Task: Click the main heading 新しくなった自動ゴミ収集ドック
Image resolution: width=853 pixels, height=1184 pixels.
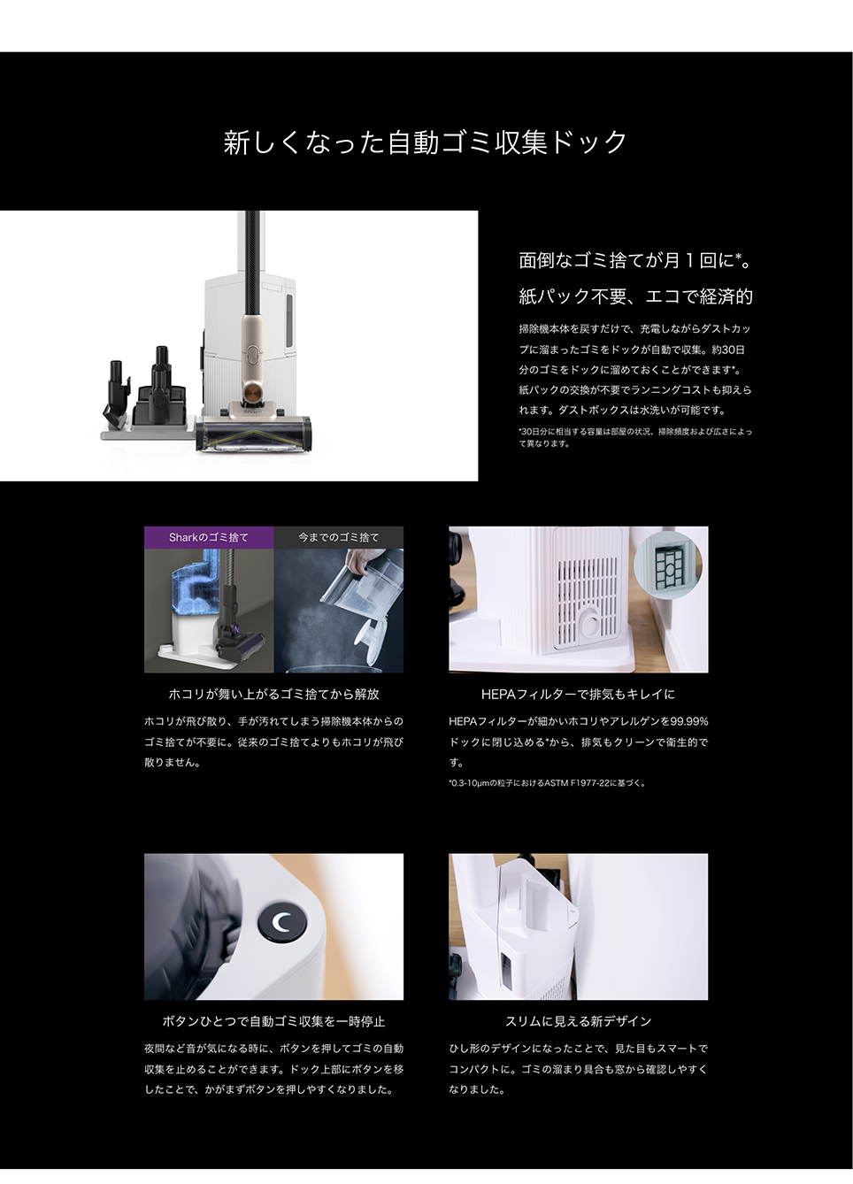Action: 426,142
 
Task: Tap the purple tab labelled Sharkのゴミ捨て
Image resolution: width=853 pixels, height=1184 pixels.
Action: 209,537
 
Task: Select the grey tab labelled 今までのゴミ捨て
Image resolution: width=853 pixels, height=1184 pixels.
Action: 339,537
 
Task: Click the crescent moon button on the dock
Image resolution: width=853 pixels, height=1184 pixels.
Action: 281,923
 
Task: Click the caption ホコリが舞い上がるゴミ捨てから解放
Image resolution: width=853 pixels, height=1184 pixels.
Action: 273,695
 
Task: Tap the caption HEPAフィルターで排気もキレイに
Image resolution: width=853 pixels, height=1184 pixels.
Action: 578,695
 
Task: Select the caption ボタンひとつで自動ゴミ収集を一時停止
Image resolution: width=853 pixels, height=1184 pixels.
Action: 273,1021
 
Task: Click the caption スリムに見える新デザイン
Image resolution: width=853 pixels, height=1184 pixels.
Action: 578,1021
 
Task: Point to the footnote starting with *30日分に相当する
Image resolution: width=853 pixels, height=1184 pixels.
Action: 635,437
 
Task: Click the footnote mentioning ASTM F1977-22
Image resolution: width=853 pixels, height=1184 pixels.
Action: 547,783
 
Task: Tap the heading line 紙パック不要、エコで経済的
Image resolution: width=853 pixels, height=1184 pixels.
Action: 635,296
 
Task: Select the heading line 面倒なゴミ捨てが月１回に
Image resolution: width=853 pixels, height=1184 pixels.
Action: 635,260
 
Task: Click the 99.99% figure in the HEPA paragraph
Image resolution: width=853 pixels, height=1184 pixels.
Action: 689,721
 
